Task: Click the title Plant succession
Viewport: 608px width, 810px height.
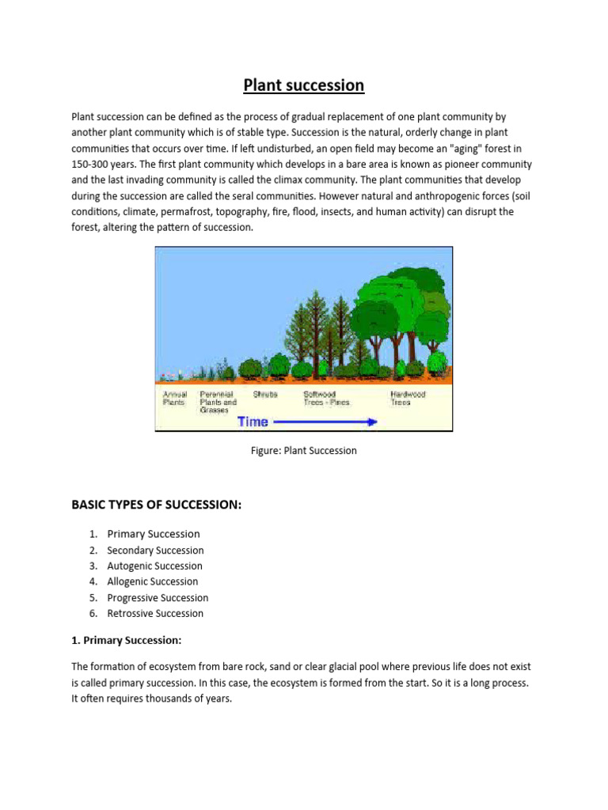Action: [x=303, y=85]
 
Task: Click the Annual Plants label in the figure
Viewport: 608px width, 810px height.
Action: [x=174, y=398]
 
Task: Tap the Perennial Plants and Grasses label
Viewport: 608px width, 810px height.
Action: [x=218, y=402]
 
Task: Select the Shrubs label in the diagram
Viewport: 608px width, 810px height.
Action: [x=265, y=394]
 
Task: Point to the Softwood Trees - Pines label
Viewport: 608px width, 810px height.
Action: [x=326, y=398]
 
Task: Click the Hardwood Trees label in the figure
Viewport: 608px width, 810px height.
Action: [x=408, y=398]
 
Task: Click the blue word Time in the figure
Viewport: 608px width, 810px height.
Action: [x=253, y=422]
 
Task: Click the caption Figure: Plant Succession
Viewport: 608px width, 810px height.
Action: [x=303, y=451]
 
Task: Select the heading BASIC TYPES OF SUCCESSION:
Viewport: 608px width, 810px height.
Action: [x=156, y=505]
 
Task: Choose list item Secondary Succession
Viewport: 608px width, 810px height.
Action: [x=155, y=550]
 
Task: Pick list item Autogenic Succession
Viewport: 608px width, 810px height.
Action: [x=154, y=566]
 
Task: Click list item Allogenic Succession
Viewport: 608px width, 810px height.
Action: [x=153, y=581]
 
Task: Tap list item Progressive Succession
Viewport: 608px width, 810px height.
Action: [x=158, y=597]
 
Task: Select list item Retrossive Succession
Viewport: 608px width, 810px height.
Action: [x=155, y=613]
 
